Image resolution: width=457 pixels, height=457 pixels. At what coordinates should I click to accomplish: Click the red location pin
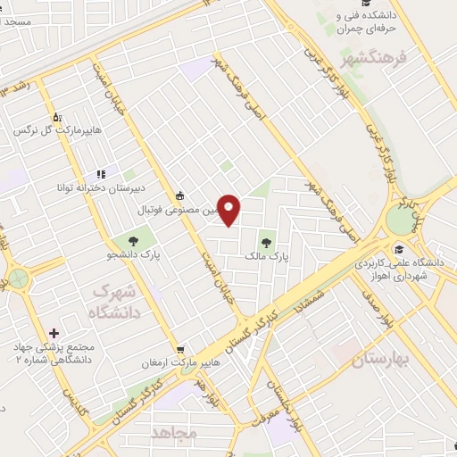[230, 211]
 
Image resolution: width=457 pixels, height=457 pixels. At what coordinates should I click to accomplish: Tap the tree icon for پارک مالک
[266, 239]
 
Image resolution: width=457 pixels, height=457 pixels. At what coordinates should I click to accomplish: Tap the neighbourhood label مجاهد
[173, 432]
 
